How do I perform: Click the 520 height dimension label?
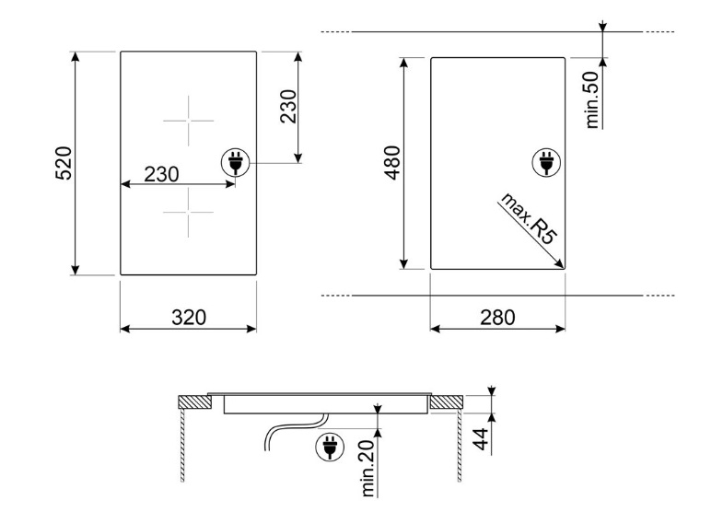pyautogui.click(x=64, y=163)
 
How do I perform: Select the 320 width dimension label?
pyautogui.click(x=189, y=318)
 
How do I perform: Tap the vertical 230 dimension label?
pyautogui.click(x=288, y=107)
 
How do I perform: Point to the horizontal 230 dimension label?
pyautogui.click(x=161, y=174)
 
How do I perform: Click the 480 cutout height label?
pyautogui.click(x=392, y=163)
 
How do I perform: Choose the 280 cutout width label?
pyautogui.click(x=497, y=318)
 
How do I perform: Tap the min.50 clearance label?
pyautogui.click(x=591, y=100)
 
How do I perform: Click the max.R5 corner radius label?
pyautogui.click(x=530, y=219)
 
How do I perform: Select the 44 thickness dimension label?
pyautogui.click(x=481, y=439)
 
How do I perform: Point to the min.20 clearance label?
pyautogui.click(x=367, y=468)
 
